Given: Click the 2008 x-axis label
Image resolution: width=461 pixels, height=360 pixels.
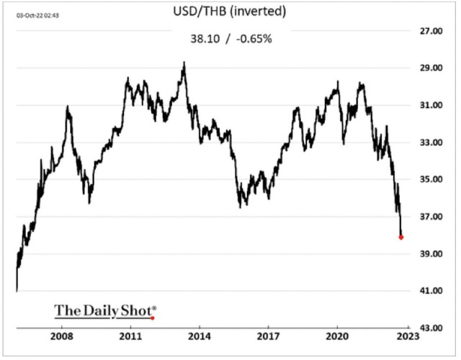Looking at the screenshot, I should tap(61, 337).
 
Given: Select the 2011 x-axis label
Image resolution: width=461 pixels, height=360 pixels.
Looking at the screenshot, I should tap(130, 337).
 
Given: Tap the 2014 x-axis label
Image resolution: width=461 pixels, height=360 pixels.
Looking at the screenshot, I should tap(200, 337).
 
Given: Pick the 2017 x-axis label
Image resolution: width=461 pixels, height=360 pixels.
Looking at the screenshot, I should tap(269, 337).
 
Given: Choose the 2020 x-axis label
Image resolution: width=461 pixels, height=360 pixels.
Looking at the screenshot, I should tap(338, 337).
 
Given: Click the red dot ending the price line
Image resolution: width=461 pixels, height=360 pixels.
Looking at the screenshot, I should tap(401, 237).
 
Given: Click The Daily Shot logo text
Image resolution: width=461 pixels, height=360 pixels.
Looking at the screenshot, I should tap(104, 311).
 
